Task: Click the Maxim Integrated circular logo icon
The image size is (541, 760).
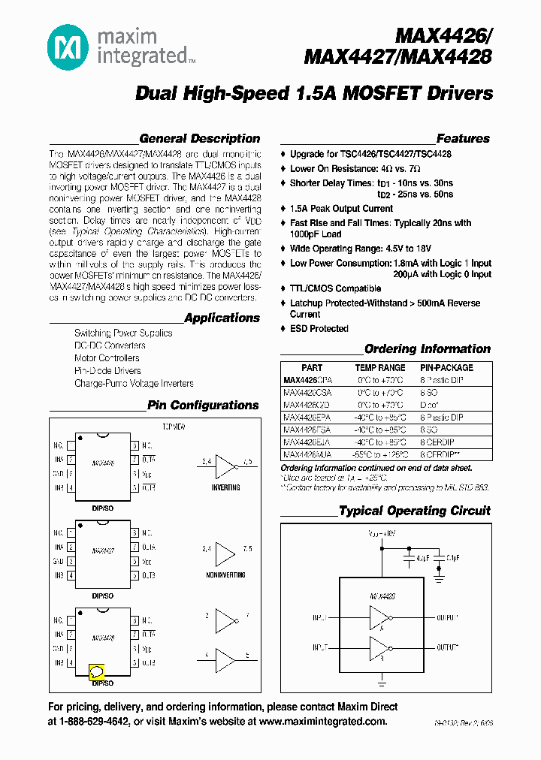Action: click(68, 50)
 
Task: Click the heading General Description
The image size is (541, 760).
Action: click(199, 139)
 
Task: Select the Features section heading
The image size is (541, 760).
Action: click(463, 139)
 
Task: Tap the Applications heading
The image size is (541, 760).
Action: click(222, 318)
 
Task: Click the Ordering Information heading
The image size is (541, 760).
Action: click(427, 349)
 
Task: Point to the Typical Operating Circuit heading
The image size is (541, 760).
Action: click(414, 511)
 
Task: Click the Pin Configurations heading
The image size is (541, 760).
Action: click(203, 406)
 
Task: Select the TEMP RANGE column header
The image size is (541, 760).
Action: click(379, 368)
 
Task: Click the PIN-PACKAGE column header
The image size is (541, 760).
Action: click(446, 368)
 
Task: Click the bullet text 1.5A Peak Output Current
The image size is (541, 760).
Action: click(341, 209)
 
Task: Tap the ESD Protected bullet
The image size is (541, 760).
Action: click(319, 329)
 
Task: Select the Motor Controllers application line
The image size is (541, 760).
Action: click(107, 358)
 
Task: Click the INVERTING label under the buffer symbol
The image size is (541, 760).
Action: click(225, 487)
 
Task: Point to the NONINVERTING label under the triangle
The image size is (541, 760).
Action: click(225, 575)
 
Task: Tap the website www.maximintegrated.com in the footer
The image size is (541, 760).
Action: click(323, 722)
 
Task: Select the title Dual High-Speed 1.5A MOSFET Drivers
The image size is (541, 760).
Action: click(314, 94)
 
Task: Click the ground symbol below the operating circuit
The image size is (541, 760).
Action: click(382, 683)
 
